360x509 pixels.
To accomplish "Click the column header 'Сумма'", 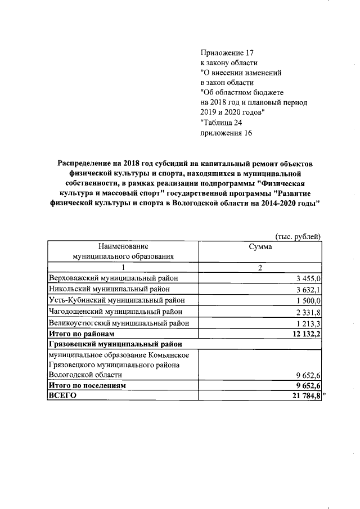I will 260,247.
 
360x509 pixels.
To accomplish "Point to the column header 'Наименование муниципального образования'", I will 123,251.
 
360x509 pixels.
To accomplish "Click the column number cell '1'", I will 123,268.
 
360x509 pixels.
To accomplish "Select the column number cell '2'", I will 260,268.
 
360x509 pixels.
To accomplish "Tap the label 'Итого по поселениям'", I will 87,386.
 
